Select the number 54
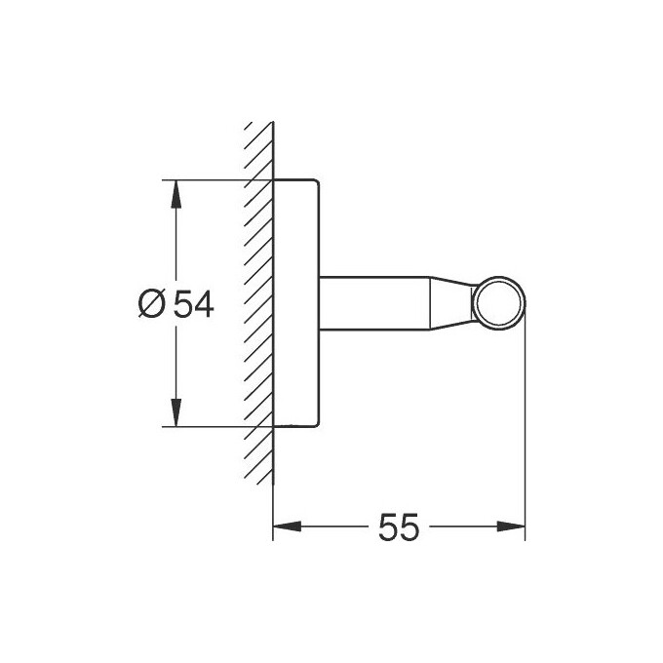click(x=192, y=304)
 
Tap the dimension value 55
click(x=399, y=527)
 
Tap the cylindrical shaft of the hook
click(x=370, y=302)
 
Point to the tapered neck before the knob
click(x=450, y=302)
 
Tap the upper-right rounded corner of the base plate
click(x=314, y=184)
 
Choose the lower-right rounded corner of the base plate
click(x=314, y=423)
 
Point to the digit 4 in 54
click(x=202, y=304)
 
